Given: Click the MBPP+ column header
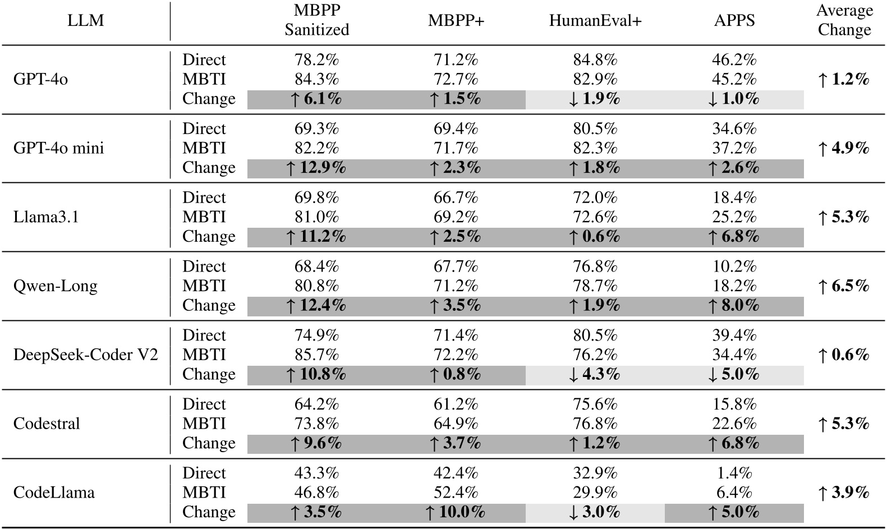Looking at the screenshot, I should pos(456,21).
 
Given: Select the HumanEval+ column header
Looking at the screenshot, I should pos(595,21).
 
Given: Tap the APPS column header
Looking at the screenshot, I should pos(734,21).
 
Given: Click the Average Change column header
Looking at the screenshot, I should pos(844,20).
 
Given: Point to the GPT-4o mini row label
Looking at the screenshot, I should pos(58,148).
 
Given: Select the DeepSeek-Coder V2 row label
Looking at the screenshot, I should pos(85,355).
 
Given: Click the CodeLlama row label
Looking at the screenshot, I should pos(54,493).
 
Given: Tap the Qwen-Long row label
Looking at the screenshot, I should pos(55,286).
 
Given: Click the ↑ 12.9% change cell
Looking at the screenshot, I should pos(316,168).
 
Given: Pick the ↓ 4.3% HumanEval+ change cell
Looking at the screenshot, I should pos(595,374).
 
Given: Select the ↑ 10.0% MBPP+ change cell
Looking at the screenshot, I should pos(456,512).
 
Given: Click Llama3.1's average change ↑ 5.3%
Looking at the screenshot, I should pos(844,217).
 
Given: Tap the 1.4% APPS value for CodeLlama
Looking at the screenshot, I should pos(734,473).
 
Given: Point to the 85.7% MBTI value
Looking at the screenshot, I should pos(316,355).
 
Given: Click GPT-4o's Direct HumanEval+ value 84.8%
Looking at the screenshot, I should pos(595,59).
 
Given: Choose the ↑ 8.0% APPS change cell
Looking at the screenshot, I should pos(734,306).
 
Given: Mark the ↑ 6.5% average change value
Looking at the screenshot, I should pos(844,286).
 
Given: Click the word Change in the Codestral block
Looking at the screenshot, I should pos(209,443).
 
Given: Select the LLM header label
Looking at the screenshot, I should pos(85,21).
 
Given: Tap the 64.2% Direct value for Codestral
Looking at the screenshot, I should pos(316,404).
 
